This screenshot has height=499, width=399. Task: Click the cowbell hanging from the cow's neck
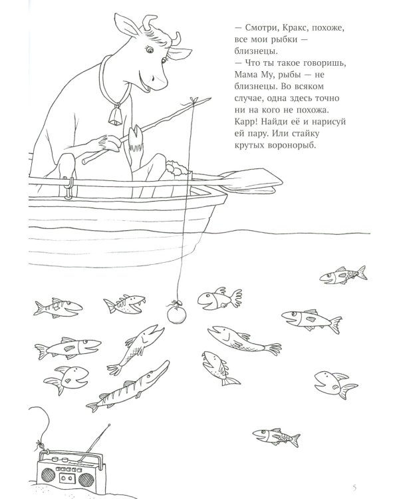coord(115,116)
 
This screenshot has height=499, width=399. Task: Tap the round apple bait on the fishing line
coord(177,315)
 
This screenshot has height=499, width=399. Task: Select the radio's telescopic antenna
coord(94,442)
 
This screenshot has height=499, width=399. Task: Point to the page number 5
coord(354,487)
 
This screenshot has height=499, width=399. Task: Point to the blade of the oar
coord(251,180)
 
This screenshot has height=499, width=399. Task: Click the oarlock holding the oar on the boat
coord(68,188)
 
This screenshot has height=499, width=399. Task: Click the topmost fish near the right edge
coord(343,275)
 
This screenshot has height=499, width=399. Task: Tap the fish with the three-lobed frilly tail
coord(219,299)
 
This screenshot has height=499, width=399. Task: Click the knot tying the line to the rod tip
coord(192,101)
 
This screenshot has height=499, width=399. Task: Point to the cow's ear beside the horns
coord(126,25)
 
